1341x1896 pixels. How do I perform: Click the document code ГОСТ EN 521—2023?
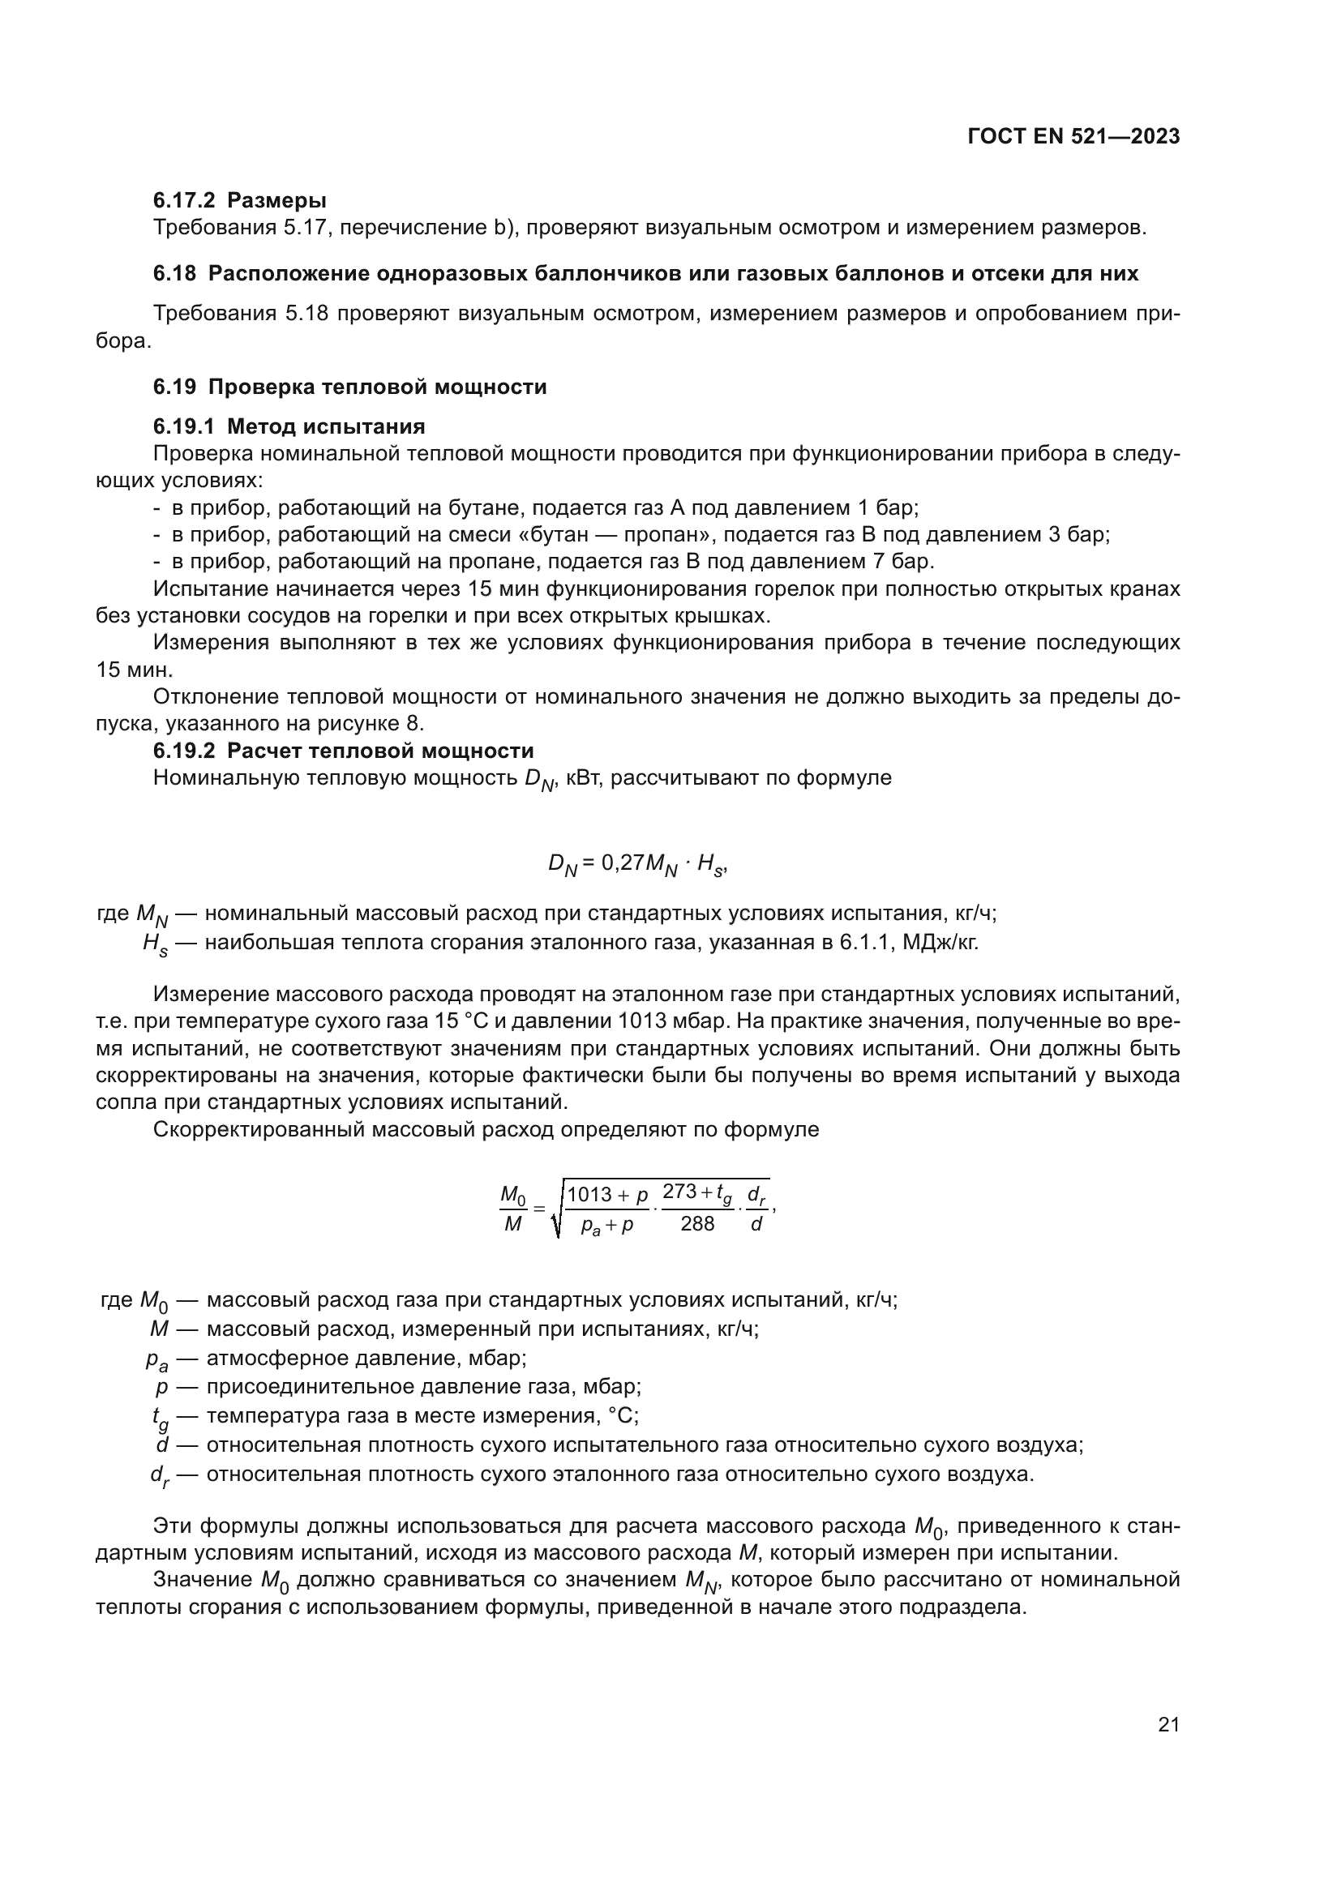(x=1073, y=137)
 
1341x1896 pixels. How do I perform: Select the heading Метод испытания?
(x=325, y=427)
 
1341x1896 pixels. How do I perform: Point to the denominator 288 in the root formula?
(x=697, y=1225)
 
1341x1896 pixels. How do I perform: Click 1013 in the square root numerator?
(x=589, y=1195)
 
